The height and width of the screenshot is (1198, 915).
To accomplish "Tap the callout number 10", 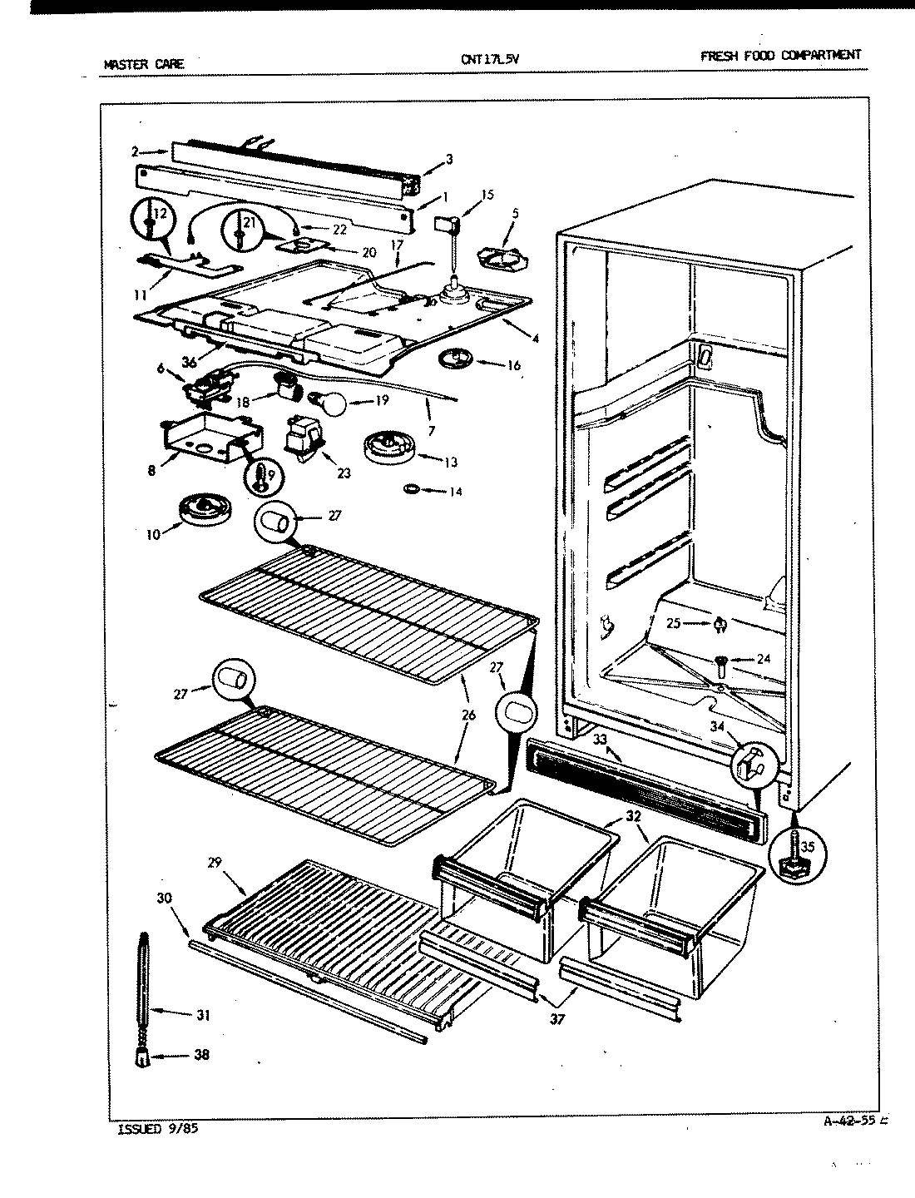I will tap(152, 534).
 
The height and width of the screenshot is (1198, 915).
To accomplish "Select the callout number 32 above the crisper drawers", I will tap(635, 816).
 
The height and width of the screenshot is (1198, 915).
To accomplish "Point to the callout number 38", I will tap(200, 1055).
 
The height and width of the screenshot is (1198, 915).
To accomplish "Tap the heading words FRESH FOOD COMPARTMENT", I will tap(780, 56).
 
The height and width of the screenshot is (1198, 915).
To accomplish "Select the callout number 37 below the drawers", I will tap(557, 1018).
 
